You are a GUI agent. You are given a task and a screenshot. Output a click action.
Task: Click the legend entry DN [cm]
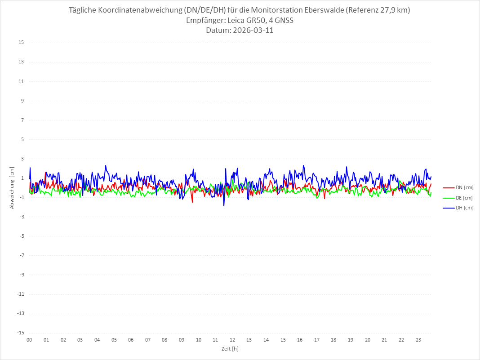click(464, 188)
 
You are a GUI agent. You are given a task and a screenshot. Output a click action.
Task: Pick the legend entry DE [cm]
click(464, 198)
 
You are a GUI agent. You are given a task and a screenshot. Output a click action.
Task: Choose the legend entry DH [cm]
click(464, 208)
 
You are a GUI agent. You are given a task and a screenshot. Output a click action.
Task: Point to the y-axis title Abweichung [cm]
click(12, 187)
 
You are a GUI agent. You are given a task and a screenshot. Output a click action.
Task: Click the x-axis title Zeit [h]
click(230, 348)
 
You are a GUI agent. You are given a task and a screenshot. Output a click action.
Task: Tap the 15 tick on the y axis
click(21, 43)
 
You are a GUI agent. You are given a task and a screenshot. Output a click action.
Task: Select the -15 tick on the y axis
click(20, 333)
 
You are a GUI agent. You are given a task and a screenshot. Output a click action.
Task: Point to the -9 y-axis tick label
click(21, 275)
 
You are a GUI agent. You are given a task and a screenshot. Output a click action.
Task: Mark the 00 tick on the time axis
click(29, 340)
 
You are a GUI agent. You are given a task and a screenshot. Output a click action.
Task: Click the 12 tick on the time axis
click(232, 340)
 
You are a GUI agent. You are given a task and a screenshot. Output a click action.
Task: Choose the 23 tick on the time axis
click(418, 340)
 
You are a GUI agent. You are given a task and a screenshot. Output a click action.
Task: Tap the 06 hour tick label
click(131, 340)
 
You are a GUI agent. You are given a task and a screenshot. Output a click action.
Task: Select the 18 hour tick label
click(334, 340)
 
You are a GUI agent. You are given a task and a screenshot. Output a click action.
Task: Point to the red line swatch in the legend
click(449, 188)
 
